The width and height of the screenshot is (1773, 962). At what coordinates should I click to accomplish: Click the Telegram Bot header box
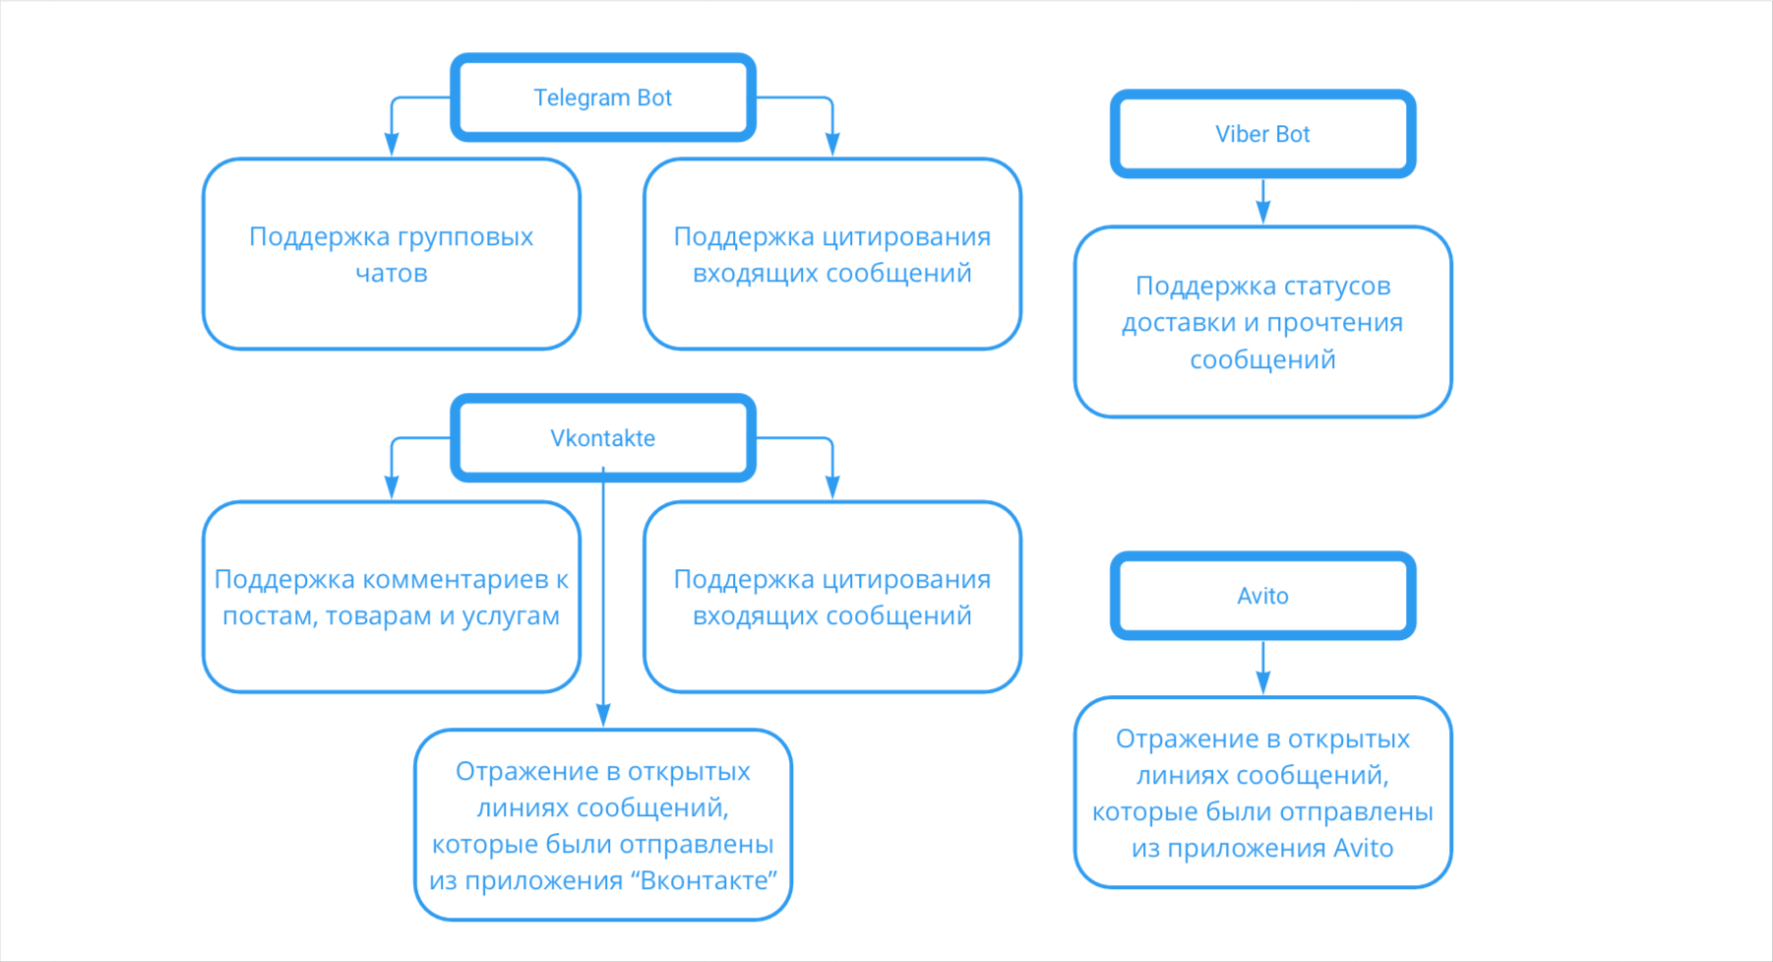603,97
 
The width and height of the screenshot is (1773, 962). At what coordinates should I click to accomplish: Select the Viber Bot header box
1262,134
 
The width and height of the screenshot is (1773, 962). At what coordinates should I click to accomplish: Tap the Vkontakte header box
603,438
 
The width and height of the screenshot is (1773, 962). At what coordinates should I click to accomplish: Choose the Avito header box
1262,596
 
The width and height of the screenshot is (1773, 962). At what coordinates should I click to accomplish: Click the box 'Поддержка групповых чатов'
392,254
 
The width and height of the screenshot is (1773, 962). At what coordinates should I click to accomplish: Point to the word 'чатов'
392,273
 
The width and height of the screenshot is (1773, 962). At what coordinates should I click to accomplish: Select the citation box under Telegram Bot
832,254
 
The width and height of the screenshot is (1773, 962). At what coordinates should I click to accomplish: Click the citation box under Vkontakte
832,597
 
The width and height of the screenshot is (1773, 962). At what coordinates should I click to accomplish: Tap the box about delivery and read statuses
1262,322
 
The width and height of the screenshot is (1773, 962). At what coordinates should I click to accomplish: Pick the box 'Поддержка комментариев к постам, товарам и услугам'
392,597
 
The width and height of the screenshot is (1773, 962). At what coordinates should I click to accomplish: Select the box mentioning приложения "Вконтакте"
603,825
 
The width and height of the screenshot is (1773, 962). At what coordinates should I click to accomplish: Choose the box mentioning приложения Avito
1262,793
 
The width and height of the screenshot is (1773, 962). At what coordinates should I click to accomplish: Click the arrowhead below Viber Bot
1263,213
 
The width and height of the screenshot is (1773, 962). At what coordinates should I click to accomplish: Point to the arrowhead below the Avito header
1263,682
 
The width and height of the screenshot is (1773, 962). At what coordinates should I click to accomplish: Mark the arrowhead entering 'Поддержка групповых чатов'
392,144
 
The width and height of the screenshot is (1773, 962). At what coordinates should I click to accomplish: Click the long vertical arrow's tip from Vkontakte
603,716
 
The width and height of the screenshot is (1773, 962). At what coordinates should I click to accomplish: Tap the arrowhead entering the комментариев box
392,486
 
